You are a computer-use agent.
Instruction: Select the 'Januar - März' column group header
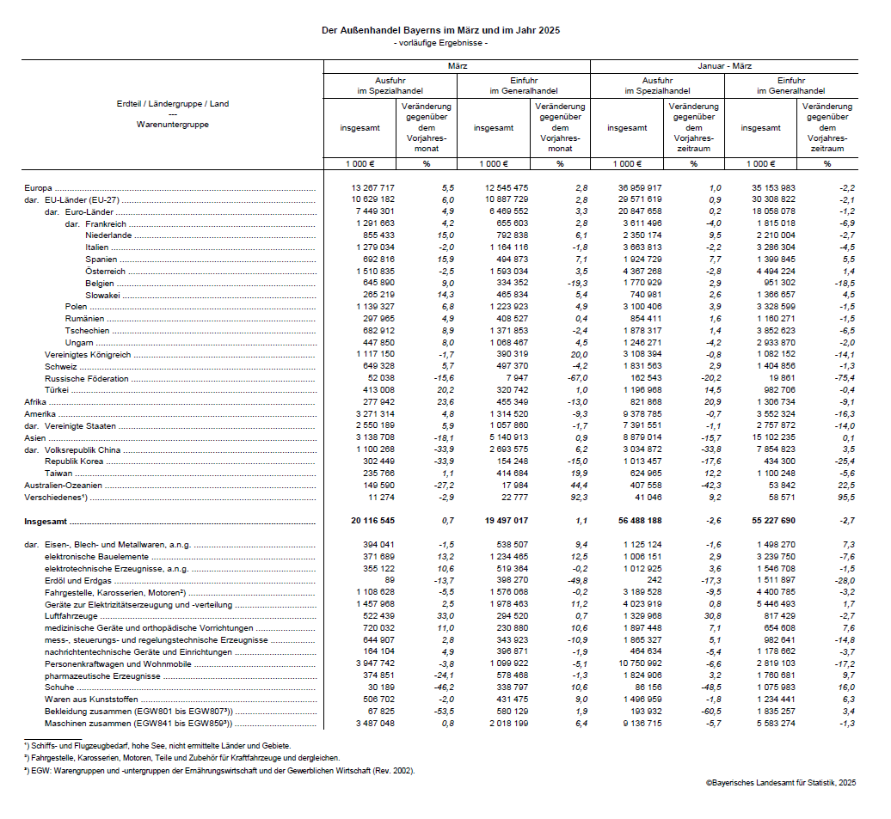click(724, 66)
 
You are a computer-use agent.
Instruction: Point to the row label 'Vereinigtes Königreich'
click(87, 354)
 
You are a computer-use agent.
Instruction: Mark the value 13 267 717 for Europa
click(372, 187)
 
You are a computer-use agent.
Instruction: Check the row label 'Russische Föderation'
click(86, 378)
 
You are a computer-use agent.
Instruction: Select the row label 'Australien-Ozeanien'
click(62, 485)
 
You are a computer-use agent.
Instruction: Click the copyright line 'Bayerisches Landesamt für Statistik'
click(781, 782)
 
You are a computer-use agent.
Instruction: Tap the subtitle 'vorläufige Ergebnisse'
click(439, 43)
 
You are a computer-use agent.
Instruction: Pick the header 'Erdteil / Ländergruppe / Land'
click(173, 104)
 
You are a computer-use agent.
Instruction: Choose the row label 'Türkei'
click(58, 390)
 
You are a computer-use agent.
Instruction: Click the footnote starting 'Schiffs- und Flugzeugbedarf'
click(159, 746)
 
